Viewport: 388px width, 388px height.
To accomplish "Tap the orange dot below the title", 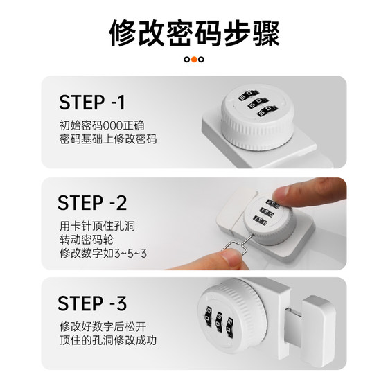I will coord(194,60).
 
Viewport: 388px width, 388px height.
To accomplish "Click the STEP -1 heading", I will coord(91,103).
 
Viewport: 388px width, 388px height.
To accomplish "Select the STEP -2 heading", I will coord(92,203).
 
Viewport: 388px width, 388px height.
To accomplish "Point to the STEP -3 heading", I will coord(92,303).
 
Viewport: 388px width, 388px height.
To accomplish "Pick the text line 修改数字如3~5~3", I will coord(103,254).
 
